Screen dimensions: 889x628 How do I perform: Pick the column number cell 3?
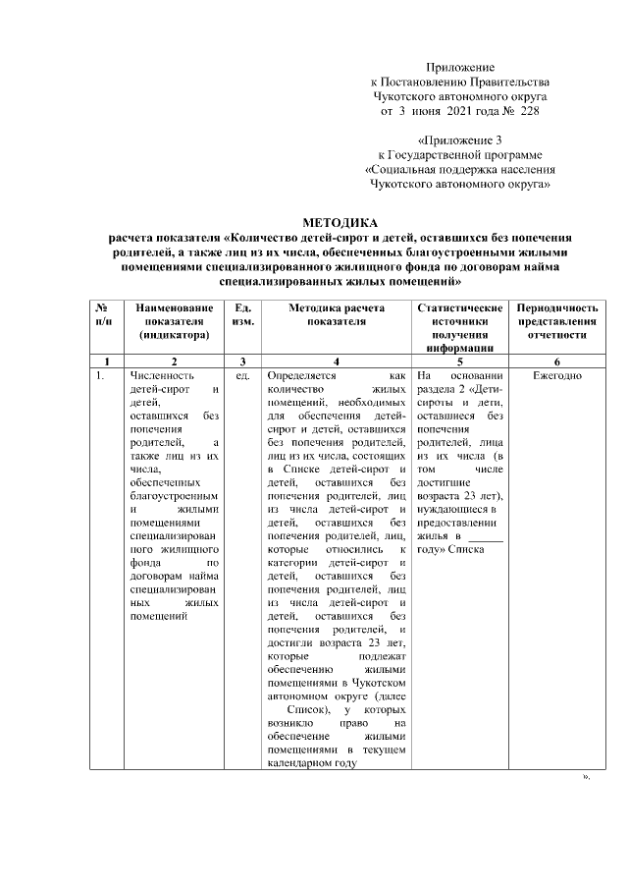tap(241, 361)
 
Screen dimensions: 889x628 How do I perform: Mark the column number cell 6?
tap(556, 361)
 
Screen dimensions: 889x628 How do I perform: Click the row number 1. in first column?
tap(100, 375)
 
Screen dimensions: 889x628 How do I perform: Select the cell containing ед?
tap(241, 375)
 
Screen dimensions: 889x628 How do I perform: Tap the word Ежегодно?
tap(556, 375)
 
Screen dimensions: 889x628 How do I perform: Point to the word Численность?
tap(163, 375)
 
